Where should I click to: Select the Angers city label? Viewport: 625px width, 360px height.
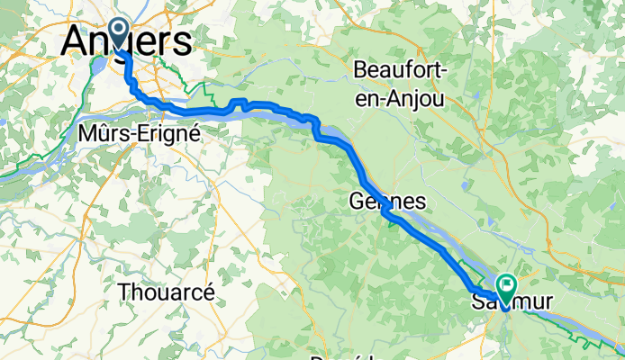click(x=127, y=41)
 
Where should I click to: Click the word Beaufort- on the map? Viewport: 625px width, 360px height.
click(x=399, y=70)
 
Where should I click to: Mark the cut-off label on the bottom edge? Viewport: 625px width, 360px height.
click(x=348, y=356)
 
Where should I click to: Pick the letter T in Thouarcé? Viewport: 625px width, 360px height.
click(x=123, y=292)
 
